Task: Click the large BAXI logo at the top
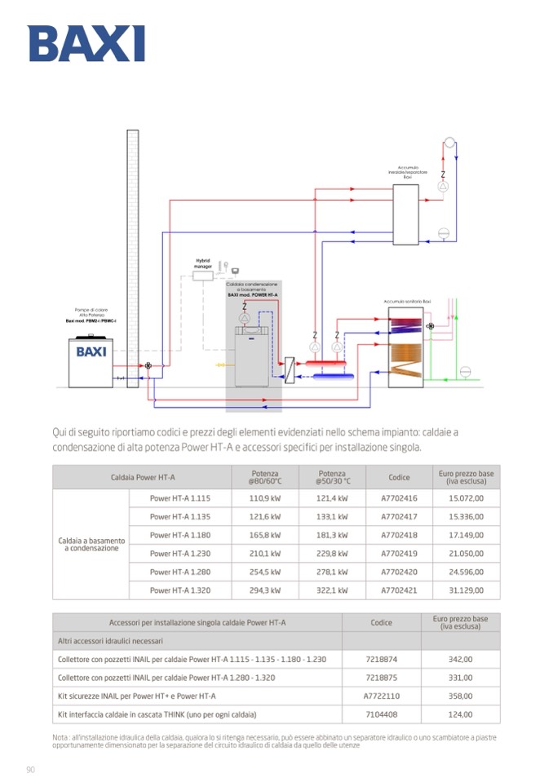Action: (x=86, y=43)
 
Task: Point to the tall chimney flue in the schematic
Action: (x=133, y=245)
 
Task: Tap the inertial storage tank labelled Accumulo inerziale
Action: (x=405, y=214)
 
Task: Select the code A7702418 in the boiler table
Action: (x=399, y=536)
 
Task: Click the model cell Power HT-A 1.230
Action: (x=180, y=554)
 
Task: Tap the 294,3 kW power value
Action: (x=265, y=590)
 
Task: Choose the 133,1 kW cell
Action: (x=332, y=517)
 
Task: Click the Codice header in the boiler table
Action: (x=399, y=477)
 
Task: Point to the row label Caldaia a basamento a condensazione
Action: (x=91, y=544)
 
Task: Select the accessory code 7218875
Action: (x=381, y=678)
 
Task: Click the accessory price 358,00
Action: (x=460, y=696)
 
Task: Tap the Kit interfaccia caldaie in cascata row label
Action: (x=157, y=714)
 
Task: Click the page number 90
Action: (x=30, y=770)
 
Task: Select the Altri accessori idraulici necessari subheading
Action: (x=111, y=641)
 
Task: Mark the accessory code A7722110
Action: (x=381, y=696)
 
